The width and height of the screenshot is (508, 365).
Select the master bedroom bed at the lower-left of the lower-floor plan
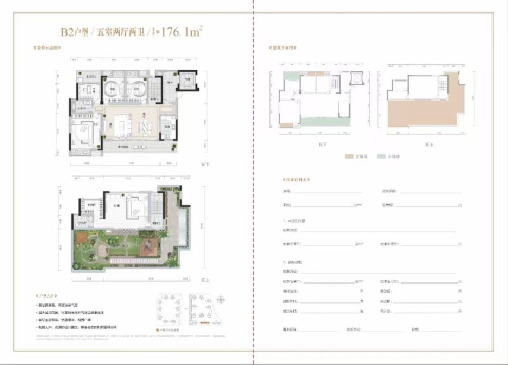pyautogui.click(x=81, y=135)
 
